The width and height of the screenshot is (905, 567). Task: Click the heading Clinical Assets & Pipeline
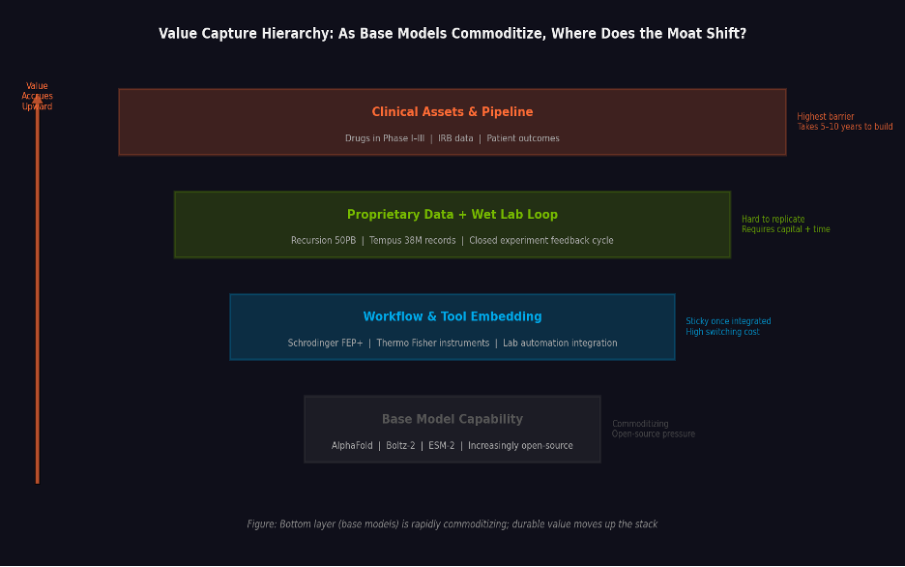pyautogui.click(x=452, y=112)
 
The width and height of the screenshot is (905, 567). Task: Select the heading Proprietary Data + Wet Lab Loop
pyautogui.click(x=452, y=215)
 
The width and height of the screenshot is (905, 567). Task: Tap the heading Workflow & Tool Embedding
pyautogui.click(x=452, y=317)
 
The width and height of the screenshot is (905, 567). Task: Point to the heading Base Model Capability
pyautogui.click(x=452, y=420)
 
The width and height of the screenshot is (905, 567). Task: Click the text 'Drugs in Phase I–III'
pyautogui.click(x=384, y=138)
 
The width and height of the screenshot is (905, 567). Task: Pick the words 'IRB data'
pyautogui.click(x=455, y=138)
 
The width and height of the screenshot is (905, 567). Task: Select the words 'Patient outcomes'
pyautogui.click(x=523, y=138)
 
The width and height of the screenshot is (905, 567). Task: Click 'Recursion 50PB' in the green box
pyautogui.click(x=323, y=241)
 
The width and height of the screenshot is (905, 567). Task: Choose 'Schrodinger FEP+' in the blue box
pyautogui.click(x=325, y=343)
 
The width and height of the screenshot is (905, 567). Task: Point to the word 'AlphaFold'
pyautogui.click(x=352, y=446)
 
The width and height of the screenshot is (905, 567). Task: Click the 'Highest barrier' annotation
pyautogui.click(x=825, y=117)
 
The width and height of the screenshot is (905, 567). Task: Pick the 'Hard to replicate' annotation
pyautogui.click(x=773, y=220)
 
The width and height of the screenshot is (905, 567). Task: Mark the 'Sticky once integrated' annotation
pyautogui.click(x=728, y=322)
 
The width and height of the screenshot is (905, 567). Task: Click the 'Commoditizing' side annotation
pyautogui.click(x=640, y=424)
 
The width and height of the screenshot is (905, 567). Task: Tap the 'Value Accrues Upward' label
pyautogui.click(x=37, y=96)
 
